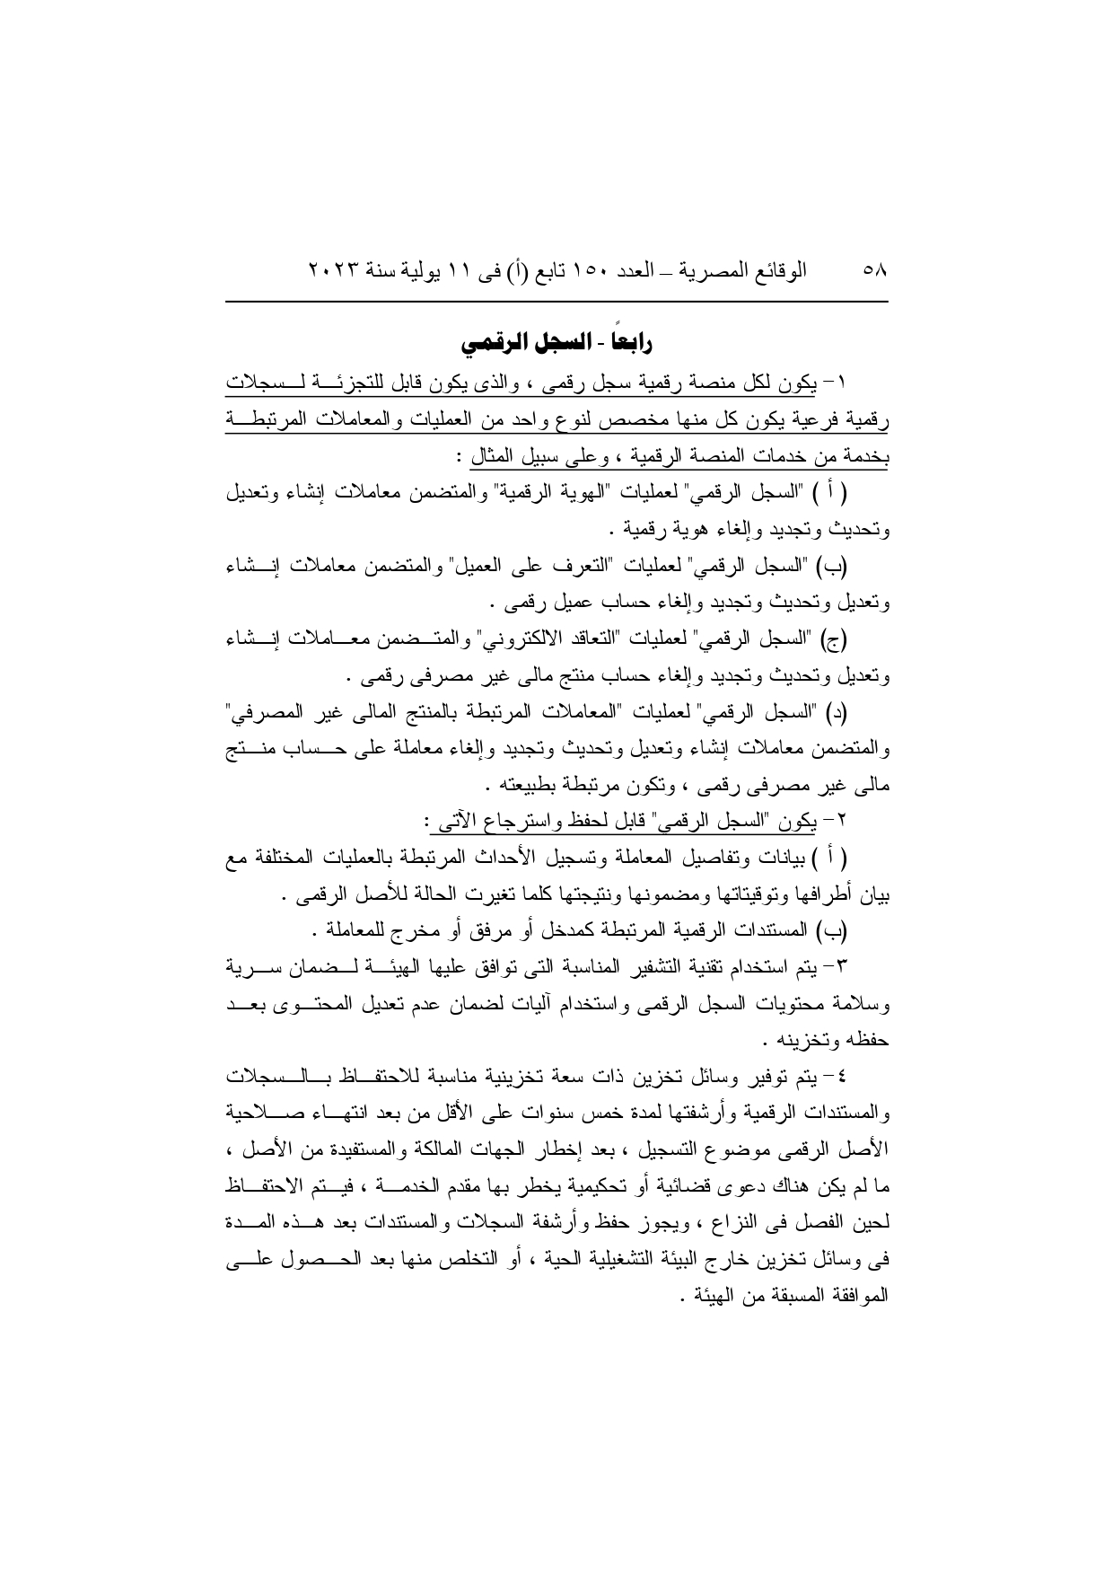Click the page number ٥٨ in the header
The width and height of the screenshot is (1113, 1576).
point(873,269)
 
